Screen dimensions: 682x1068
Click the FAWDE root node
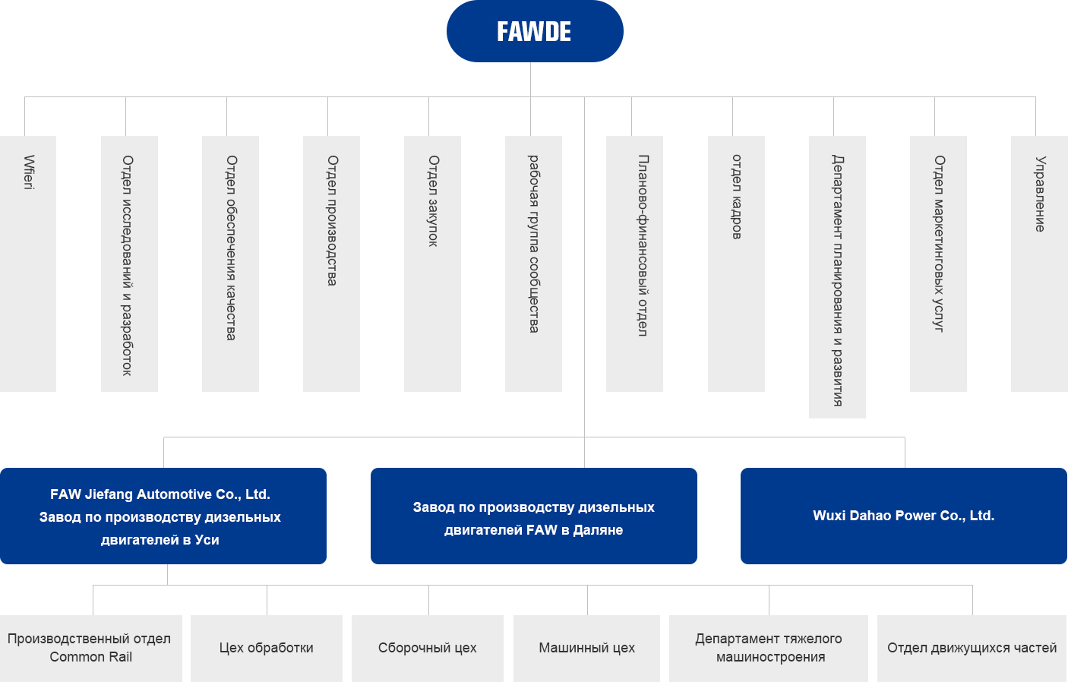coord(535,31)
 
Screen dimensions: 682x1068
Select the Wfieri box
coord(28,264)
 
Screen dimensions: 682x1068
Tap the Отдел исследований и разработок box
coord(129,264)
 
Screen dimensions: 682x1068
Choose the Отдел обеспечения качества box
coord(230,264)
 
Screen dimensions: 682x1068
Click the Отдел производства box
coord(331,264)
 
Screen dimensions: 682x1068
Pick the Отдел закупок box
coord(432,264)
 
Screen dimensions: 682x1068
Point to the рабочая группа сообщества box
coord(533,264)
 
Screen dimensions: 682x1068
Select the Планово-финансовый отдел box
coord(634,264)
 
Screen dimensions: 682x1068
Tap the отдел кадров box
coord(736,264)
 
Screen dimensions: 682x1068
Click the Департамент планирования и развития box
coord(837,277)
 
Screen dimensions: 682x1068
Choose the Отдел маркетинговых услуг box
coord(938,264)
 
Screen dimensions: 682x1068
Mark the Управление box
coord(1039,264)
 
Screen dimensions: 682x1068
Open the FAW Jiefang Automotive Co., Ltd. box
coord(163,516)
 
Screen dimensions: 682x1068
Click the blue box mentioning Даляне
coord(534,516)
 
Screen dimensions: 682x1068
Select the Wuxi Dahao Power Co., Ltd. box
coord(904,516)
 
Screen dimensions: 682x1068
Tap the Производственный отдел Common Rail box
coord(91,648)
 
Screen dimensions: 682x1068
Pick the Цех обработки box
coord(267,648)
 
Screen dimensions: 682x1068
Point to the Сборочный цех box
coord(428,648)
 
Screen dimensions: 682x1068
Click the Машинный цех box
coord(586,648)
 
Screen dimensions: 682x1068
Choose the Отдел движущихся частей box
coord(972,648)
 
